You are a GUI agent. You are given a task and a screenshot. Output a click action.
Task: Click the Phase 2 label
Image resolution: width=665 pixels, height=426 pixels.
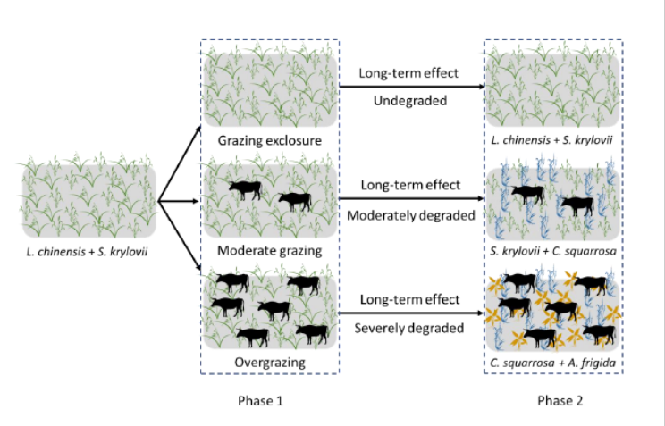560,401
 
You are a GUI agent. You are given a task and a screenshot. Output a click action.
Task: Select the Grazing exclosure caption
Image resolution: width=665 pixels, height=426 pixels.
270,141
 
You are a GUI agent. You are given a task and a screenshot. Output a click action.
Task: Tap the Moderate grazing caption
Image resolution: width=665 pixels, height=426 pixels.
269,250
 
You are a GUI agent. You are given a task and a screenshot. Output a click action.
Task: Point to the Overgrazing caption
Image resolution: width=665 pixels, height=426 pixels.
270,363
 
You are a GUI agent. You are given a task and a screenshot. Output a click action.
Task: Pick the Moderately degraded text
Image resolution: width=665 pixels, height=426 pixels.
410,216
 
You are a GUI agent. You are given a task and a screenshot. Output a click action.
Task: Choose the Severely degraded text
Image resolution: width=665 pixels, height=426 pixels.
410,328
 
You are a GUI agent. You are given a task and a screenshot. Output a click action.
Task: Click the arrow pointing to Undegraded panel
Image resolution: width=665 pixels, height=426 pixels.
409,88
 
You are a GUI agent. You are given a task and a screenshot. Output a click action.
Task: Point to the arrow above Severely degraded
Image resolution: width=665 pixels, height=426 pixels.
409,314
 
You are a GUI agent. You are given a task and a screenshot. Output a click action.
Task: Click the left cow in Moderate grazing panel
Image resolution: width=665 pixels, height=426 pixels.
244,188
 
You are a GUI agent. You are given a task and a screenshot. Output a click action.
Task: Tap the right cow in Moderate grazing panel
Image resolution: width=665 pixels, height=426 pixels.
294,201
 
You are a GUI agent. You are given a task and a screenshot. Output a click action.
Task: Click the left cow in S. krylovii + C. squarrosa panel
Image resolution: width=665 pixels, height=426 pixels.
527,192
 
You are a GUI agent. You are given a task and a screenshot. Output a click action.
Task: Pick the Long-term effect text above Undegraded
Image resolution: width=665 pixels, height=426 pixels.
408,73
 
